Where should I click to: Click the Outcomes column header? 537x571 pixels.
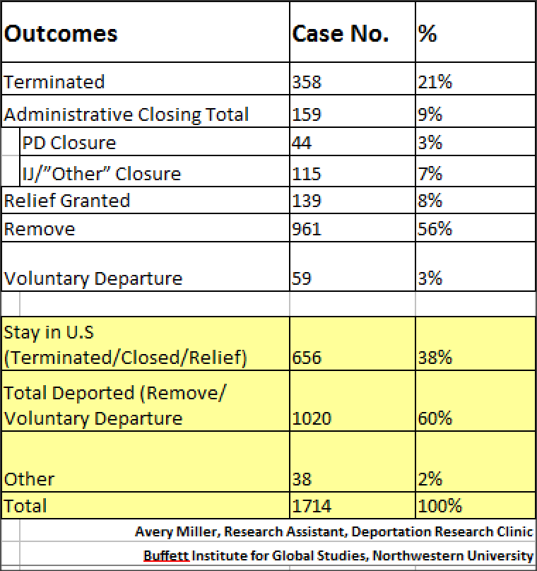tap(61, 34)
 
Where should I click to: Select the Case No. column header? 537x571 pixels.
tap(341, 34)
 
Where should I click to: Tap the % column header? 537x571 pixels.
tap(427, 34)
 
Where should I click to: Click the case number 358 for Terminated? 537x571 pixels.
tap(307, 82)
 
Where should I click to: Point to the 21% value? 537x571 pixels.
tap(435, 82)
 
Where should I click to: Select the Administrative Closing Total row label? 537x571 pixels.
tap(126, 115)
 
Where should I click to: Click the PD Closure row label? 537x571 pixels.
tap(69, 143)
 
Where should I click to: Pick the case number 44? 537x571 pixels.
tap(302, 143)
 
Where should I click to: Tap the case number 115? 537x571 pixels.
tap(307, 174)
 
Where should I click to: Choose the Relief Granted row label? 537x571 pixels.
tap(67, 201)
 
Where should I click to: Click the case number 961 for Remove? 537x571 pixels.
tap(307, 229)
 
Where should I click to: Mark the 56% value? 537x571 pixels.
tap(435, 229)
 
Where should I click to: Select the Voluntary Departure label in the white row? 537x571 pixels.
tap(93, 279)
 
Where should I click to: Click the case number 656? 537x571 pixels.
tap(307, 358)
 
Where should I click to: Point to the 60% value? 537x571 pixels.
tap(435, 418)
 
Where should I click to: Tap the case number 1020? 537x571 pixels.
tap(312, 418)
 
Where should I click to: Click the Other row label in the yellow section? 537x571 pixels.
tap(29, 479)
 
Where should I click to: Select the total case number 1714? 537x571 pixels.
tap(312, 506)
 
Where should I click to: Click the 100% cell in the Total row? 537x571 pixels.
tap(440, 506)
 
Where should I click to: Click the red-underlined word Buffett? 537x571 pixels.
tap(166, 555)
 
